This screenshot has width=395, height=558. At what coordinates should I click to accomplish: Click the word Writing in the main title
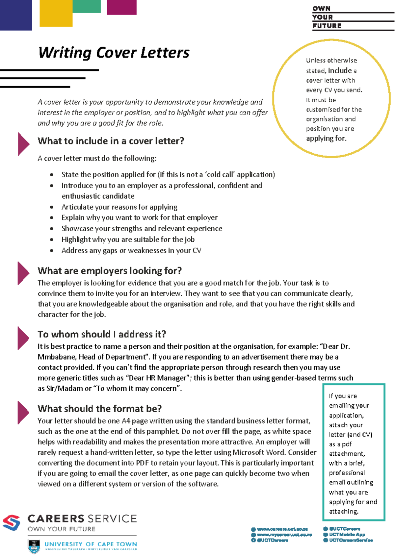coord(65,53)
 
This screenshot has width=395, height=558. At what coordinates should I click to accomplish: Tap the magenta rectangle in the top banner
coord(121,7)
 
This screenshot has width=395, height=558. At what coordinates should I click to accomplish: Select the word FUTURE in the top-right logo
coord(327,26)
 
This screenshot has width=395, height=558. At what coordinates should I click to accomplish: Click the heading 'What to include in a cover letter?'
coord(111,141)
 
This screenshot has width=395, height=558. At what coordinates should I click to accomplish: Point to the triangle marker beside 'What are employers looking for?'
coord(23,273)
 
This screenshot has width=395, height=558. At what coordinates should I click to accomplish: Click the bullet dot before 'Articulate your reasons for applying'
coord(52,207)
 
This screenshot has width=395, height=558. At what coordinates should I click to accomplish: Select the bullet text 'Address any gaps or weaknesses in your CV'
coord(131,251)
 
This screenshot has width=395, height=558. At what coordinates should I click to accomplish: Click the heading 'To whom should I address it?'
coord(102,334)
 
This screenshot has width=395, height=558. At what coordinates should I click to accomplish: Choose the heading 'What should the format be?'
coord(99,409)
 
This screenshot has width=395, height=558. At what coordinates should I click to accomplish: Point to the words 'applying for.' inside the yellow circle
coord(326,139)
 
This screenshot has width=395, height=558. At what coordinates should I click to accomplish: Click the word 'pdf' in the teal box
coord(347,444)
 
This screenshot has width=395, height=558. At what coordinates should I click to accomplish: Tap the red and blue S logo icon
coord(12,522)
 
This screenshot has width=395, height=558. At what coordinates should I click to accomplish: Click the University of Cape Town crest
coord(34,546)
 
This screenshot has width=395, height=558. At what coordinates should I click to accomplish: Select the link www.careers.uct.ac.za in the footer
coord(282,529)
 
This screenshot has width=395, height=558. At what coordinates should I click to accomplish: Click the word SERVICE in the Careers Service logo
coord(112,519)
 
